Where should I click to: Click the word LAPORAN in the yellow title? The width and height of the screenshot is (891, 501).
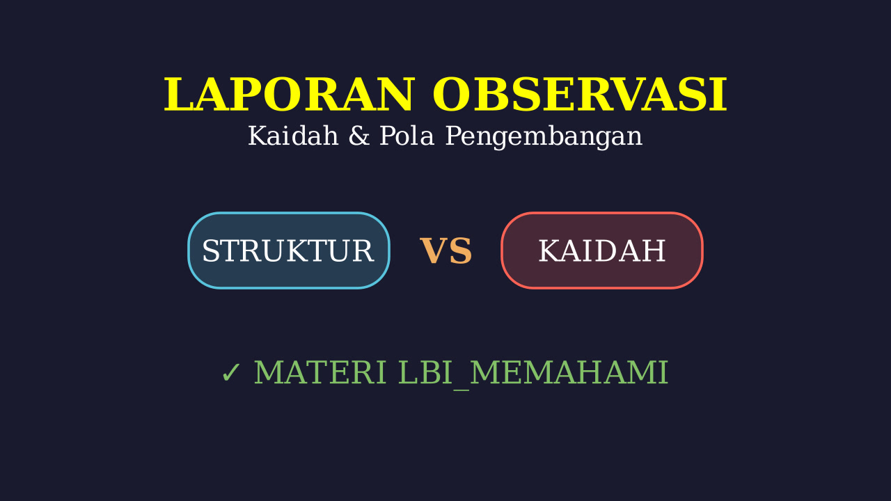coord(289,95)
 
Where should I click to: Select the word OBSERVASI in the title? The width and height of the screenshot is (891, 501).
coord(581,95)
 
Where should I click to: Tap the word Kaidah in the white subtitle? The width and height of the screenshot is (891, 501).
coord(293,136)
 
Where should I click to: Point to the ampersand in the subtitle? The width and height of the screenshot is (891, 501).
coord(358,136)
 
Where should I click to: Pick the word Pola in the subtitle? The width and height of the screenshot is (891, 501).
coord(407,136)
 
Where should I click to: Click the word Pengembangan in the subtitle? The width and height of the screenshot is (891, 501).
coord(544,138)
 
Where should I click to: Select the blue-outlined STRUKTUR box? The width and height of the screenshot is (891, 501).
coord(289,250)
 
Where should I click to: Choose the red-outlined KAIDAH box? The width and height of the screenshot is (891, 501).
coord(602,250)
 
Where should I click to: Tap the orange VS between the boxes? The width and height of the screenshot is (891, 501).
coord(446,250)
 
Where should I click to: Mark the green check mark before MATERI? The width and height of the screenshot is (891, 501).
coord(230,373)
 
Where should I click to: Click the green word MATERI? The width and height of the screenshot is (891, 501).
coord(320,372)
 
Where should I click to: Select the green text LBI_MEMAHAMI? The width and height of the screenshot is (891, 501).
coord(533,374)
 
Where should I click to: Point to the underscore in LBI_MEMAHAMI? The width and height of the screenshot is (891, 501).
coord(462,390)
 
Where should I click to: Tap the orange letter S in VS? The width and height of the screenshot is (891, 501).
coord(461,250)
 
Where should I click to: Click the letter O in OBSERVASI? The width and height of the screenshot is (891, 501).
coord(452,95)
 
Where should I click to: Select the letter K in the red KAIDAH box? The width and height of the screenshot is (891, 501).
coord(550,251)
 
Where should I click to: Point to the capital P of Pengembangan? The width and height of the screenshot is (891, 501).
coord(454,136)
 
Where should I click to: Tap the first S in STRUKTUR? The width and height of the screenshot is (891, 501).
coord(210,251)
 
